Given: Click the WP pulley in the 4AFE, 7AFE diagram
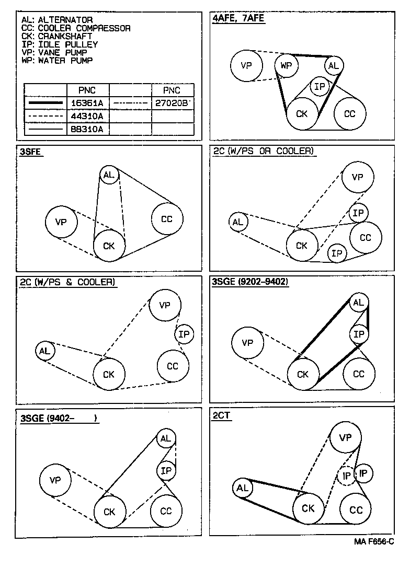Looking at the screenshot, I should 286,65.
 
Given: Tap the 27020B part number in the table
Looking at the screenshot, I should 172,103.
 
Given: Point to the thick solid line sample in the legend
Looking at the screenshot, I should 45,103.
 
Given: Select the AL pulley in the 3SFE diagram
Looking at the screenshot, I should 109,175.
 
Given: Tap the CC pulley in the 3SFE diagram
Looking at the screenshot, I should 167,219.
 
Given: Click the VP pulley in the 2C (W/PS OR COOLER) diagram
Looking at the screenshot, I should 358,177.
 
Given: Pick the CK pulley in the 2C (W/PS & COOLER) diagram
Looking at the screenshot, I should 109,374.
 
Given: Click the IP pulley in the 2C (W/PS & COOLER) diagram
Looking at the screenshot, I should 184,334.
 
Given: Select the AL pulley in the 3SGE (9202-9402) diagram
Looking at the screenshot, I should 358,303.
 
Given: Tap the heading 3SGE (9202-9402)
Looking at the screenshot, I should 250,282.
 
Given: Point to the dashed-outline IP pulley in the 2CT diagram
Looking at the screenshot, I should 346,476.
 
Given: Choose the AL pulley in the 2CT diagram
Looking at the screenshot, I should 242,488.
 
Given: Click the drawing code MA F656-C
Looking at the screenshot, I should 373,542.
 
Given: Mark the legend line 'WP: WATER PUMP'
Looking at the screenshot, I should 58,61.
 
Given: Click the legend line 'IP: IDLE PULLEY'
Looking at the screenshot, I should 60,44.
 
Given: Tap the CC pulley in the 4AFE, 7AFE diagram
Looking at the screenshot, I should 350,113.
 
